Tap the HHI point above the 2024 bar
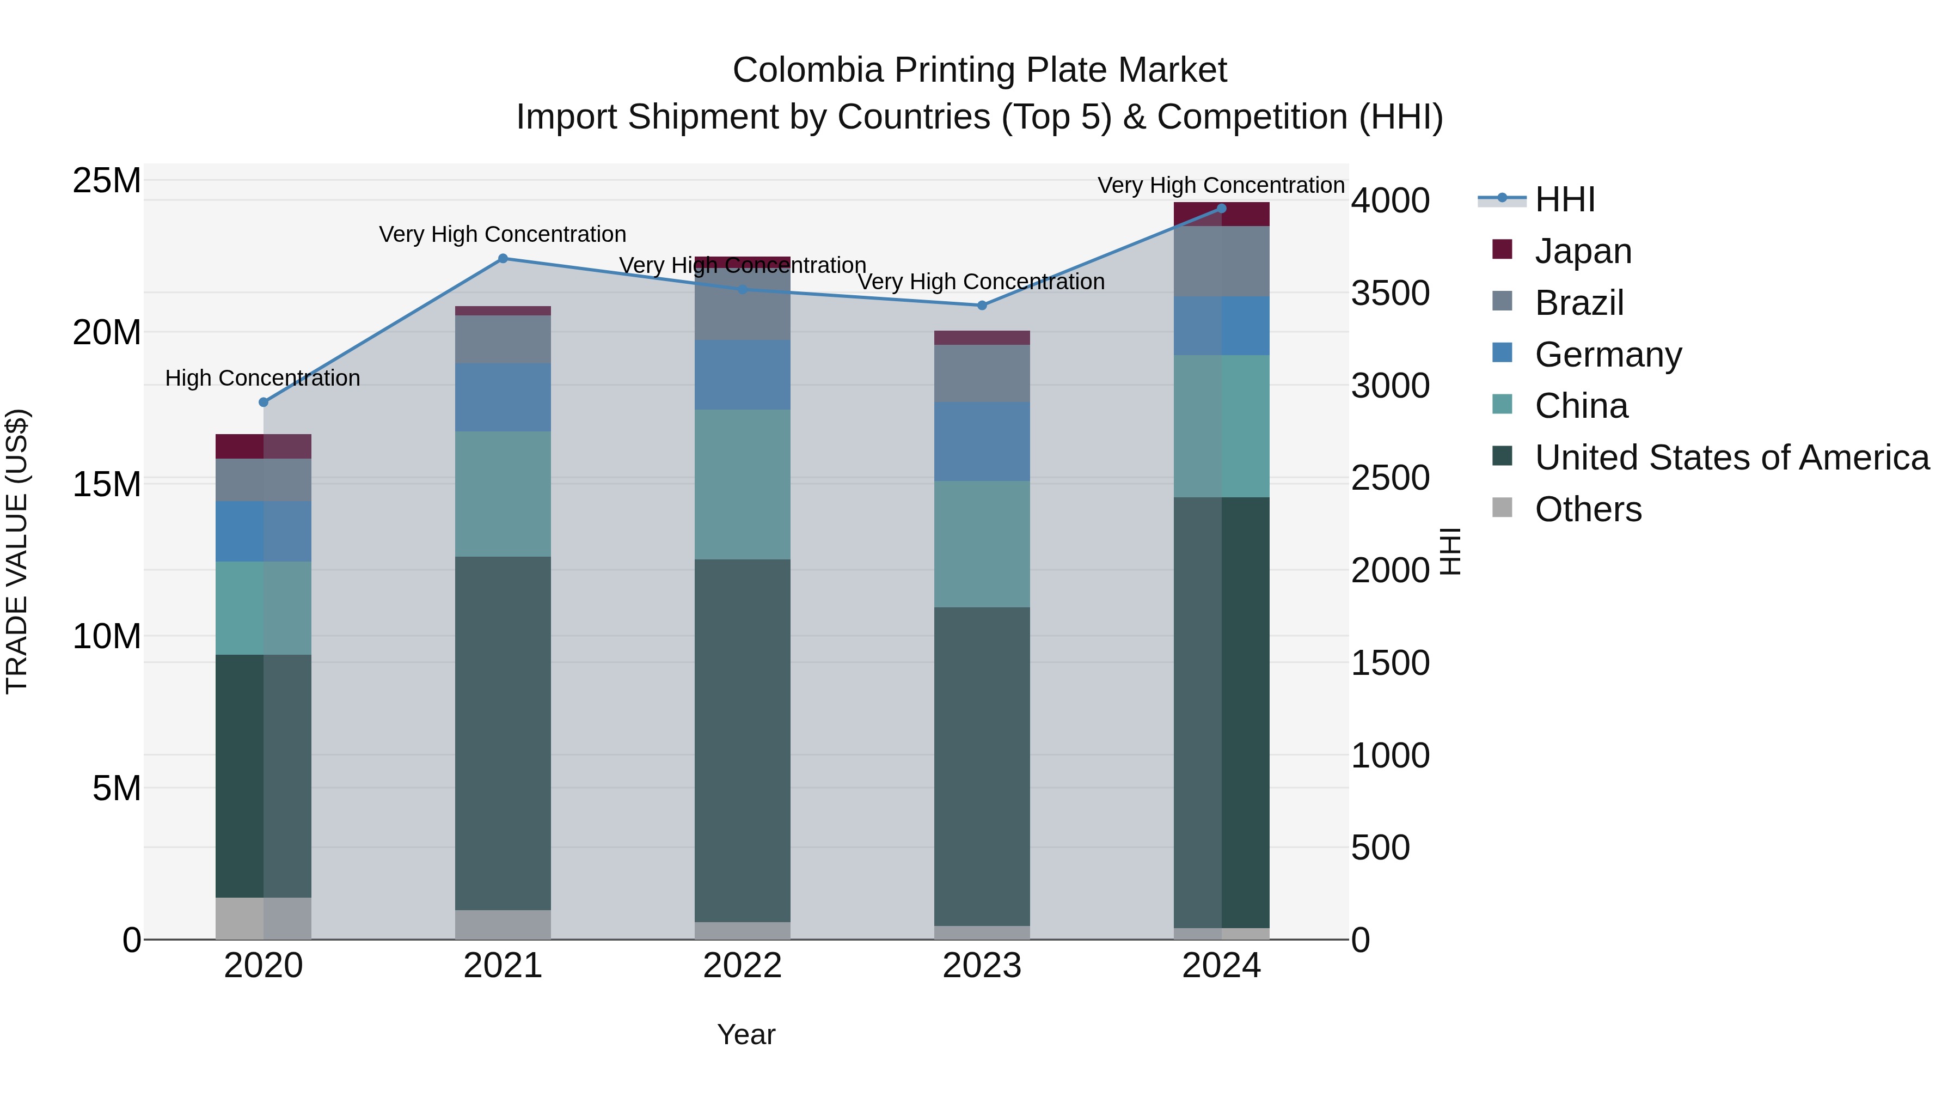1221,209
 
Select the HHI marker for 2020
264,402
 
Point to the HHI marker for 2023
982,305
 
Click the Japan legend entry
1583,251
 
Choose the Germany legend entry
1608,355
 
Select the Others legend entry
1588,509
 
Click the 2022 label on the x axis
742,966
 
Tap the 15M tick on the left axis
107,485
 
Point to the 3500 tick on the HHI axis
1390,294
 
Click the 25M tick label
107,181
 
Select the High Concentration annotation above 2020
262,379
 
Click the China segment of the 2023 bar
982,544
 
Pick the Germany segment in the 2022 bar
742,375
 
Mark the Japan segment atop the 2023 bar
982,338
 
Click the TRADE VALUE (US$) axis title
17,551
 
